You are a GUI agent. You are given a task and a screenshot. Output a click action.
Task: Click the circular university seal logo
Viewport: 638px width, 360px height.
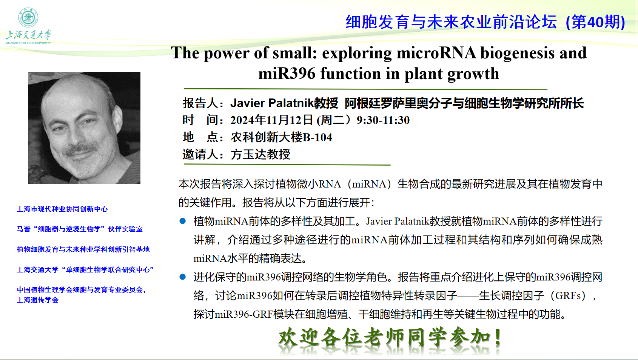pos(28,17)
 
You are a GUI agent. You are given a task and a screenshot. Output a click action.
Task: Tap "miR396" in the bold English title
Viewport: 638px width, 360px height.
pos(287,74)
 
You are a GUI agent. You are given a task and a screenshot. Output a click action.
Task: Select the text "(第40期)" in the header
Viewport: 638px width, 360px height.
pos(595,22)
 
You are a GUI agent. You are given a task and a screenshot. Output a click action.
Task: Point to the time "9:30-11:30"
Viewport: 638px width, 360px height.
pos(383,120)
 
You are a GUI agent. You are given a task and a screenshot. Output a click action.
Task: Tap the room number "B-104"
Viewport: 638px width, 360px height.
pos(317,137)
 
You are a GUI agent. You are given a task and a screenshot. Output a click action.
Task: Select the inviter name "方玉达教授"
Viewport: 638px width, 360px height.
pos(260,154)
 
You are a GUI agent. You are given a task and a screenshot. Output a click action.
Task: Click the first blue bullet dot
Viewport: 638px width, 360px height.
pos(183,221)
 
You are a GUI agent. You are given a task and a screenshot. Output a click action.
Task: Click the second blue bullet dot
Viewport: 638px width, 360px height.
pos(183,277)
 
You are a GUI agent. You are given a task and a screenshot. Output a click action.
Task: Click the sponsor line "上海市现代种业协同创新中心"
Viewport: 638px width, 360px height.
pos(62,209)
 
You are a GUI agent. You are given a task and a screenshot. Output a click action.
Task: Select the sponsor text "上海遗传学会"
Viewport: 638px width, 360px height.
pos(38,300)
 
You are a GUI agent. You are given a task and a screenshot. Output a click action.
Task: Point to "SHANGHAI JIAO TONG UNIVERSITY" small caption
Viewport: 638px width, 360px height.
pos(28,43)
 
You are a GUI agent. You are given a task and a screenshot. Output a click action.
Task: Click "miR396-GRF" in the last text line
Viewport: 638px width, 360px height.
pos(243,314)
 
